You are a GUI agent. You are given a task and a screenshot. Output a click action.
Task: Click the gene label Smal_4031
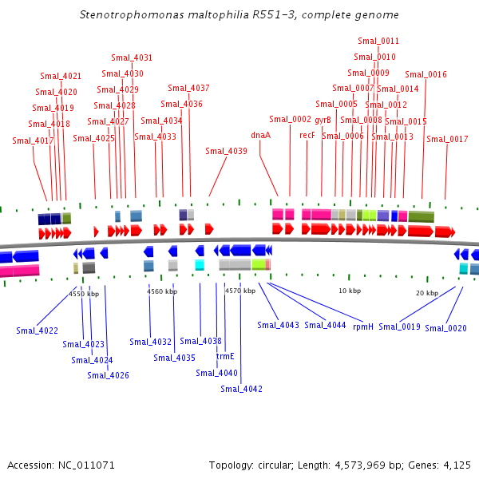(132, 57)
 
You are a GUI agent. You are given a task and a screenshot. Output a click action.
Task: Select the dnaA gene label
(260, 135)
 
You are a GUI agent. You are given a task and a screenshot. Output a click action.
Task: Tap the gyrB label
(323, 120)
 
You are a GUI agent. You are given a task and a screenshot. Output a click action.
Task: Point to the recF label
(307, 135)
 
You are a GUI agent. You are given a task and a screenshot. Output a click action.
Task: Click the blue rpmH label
(363, 326)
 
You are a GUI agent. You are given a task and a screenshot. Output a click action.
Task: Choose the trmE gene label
(225, 357)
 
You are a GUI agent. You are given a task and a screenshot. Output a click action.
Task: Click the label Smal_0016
(426, 74)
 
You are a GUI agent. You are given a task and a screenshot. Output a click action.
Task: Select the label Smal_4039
(226, 151)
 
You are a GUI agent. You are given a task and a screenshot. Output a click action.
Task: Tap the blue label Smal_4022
(37, 331)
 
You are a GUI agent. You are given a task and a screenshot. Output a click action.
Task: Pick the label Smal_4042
(241, 389)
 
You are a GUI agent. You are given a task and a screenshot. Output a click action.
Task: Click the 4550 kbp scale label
(84, 294)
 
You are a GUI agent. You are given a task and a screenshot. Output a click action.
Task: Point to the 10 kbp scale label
(350, 291)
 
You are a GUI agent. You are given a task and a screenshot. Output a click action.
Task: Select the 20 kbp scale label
(426, 293)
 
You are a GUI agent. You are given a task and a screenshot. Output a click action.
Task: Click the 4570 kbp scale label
(239, 291)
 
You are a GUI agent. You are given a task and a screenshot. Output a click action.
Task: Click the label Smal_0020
(445, 328)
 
